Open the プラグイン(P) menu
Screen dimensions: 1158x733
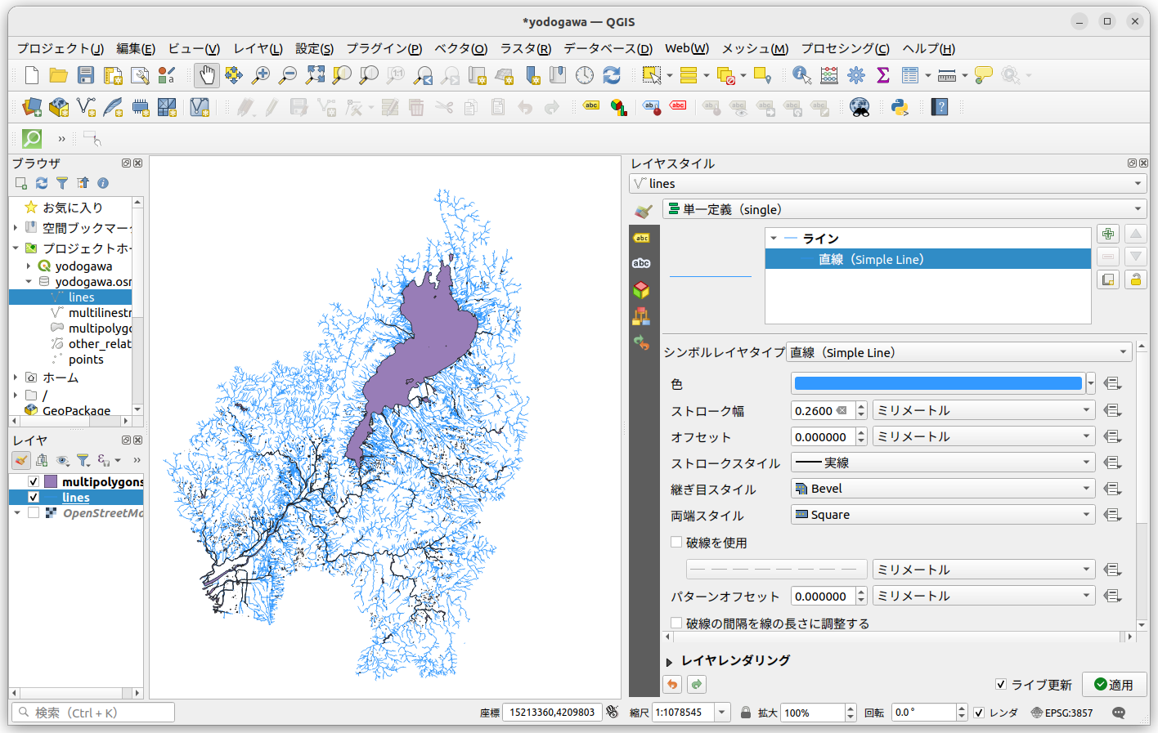coord(384,49)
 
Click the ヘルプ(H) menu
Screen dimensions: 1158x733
coord(928,49)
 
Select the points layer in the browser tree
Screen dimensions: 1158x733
coord(86,360)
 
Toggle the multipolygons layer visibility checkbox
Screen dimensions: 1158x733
coord(34,482)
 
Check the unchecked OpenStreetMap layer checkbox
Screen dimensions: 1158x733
coord(34,513)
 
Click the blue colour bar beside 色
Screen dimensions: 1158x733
coord(937,383)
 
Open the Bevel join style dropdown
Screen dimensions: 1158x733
coord(943,489)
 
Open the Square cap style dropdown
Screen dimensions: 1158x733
coord(943,515)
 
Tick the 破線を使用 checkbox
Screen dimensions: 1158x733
coord(676,542)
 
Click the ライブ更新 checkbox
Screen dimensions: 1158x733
coord(1001,684)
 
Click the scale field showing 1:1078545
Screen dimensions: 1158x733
coord(682,713)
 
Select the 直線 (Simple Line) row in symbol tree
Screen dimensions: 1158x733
coord(871,260)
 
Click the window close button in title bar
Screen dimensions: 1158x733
coord(1134,21)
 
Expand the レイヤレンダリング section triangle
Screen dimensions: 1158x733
coord(669,661)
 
